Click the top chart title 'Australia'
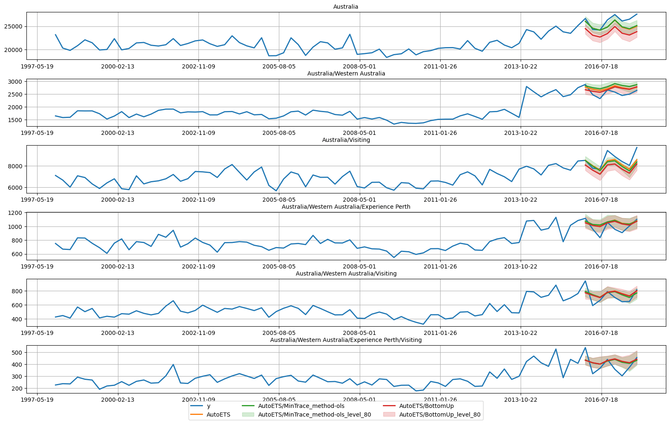345,7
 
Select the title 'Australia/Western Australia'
346,73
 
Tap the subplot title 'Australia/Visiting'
346,140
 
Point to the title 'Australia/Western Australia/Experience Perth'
346,207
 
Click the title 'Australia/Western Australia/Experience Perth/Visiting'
346,340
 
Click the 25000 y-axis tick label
14,27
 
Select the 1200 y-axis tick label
15,213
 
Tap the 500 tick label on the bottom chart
17,353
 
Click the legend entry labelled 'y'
209,406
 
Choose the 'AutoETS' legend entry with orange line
218,415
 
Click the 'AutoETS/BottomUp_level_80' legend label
440,415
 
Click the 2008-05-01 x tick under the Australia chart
359,66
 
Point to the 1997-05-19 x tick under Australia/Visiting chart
37,200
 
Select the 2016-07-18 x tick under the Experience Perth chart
601,266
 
